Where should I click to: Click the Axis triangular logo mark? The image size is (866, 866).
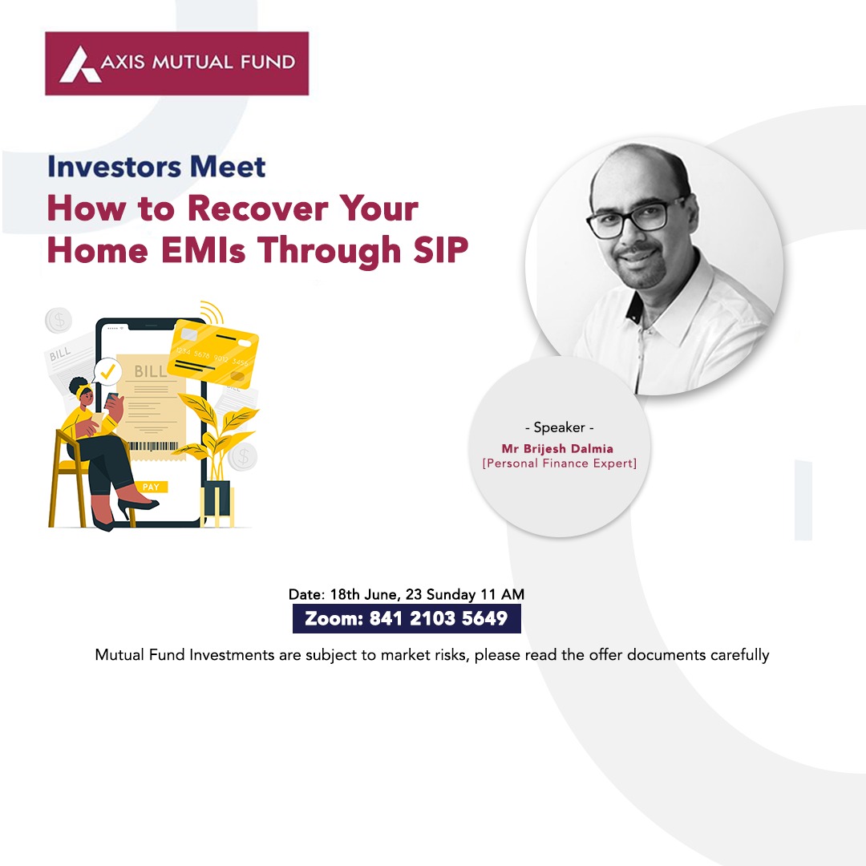click(80, 65)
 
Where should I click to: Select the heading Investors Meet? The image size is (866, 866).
click(156, 166)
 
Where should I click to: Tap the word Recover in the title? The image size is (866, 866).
click(257, 208)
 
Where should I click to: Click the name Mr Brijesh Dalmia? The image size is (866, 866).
click(557, 448)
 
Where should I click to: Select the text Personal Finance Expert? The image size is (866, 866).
click(560, 463)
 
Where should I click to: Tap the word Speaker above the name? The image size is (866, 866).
click(559, 427)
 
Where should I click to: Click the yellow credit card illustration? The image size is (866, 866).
click(212, 353)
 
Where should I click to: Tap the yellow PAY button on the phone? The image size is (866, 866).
click(151, 487)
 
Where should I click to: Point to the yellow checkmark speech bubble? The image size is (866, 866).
click(107, 371)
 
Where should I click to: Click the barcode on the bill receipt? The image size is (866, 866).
click(153, 446)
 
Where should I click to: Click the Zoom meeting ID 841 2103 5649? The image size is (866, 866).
click(438, 618)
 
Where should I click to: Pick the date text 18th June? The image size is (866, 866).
click(363, 595)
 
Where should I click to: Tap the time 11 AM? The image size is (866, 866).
click(502, 594)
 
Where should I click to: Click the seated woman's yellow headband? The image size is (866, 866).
click(83, 390)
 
